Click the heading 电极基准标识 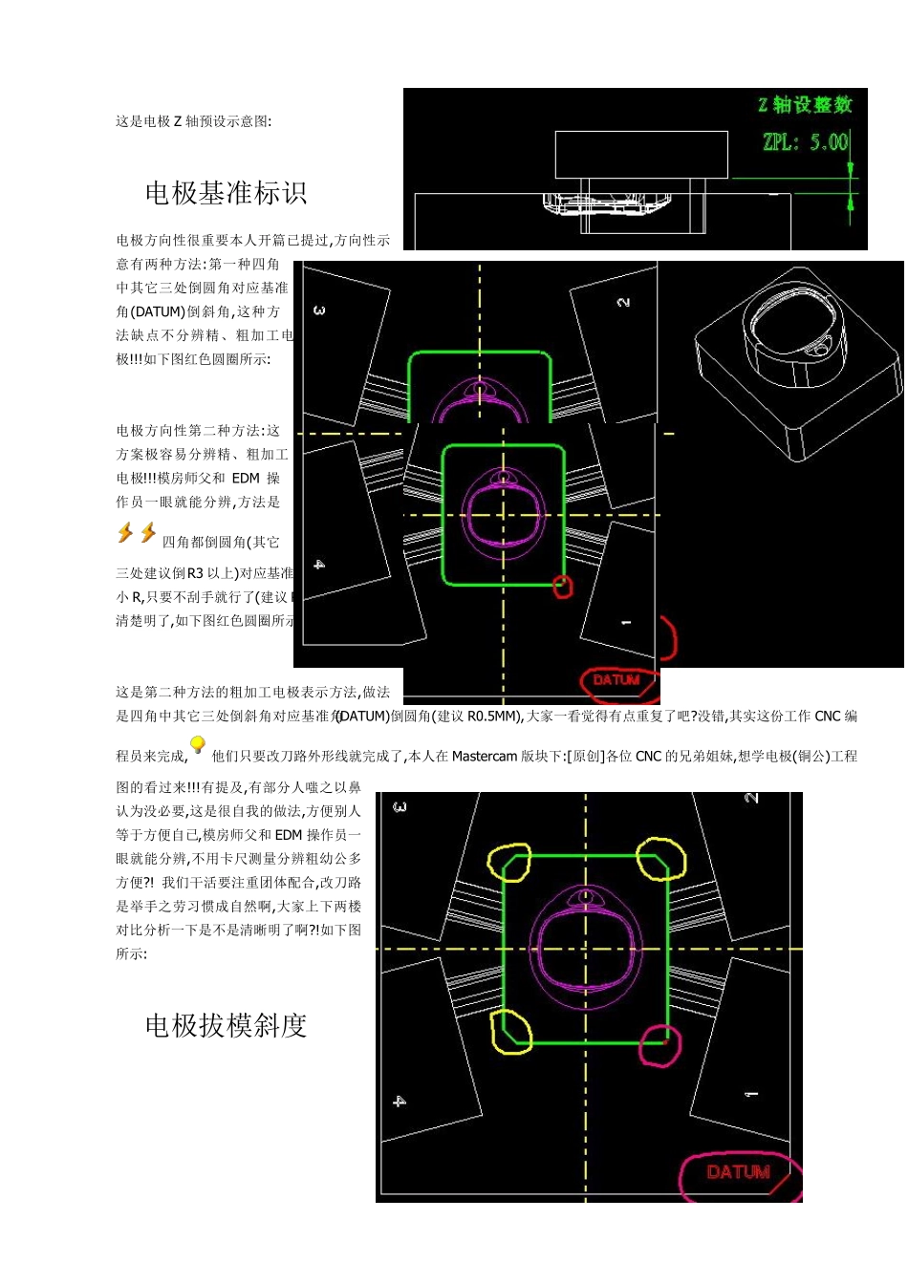(226, 194)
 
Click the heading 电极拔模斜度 (226, 1026)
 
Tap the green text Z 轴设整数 (805, 105)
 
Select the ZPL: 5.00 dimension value (805, 142)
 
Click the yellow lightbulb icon (198, 745)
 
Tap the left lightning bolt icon (125, 533)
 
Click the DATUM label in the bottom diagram (737, 1172)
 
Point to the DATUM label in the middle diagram (616, 680)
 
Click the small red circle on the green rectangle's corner (563, 586)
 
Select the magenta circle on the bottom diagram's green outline (660, 1044)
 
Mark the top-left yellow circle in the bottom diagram (508, 862)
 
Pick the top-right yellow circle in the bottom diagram (660, 858)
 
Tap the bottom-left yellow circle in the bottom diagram (510, 1033)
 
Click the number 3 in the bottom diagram (400, 807)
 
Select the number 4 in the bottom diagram (400, 1102)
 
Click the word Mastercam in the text (484, 757)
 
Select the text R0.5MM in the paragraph (493, 717)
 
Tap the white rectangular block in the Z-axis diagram (640, 155)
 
